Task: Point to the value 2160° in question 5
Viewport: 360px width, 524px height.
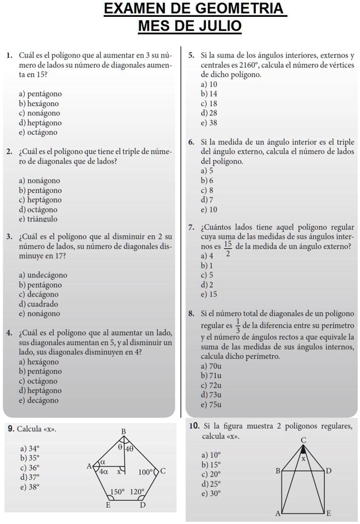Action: click(249, 65)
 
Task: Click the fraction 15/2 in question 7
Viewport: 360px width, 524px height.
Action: click(228, 249)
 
